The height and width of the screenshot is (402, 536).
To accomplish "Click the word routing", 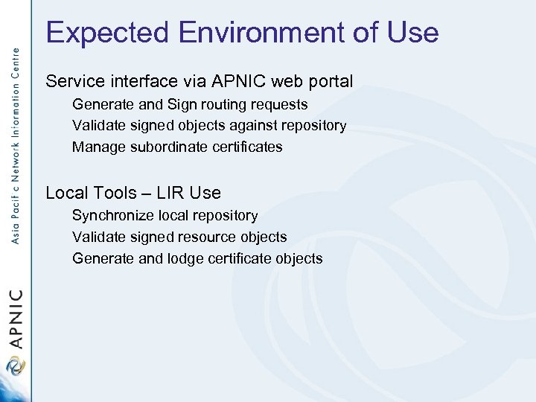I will (224, 105).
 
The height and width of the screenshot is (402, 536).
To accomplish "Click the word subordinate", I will (168, 147).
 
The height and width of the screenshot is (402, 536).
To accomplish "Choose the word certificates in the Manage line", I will (246, 147).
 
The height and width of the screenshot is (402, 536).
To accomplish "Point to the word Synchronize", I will (113, 216).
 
